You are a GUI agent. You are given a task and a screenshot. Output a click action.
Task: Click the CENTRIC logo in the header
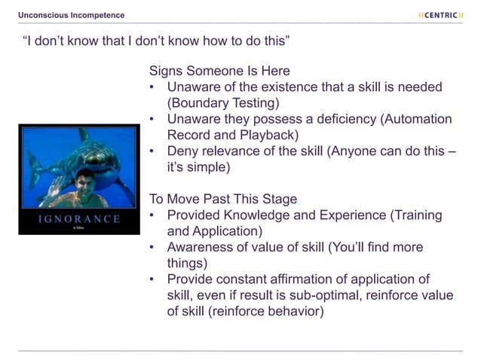tap(440, 15)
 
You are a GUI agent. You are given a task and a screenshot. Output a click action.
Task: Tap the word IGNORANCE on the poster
tap(80, 219)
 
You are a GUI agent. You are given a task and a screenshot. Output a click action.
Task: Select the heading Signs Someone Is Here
tap(219, 72)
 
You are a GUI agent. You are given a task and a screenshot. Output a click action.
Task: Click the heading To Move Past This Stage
tap(223, 200)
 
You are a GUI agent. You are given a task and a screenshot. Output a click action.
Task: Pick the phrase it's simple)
tap(198, 167)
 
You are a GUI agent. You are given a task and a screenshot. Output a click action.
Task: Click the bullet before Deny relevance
tap(152, 151)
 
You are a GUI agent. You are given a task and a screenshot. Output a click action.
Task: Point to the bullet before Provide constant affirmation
tap(152, 279)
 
